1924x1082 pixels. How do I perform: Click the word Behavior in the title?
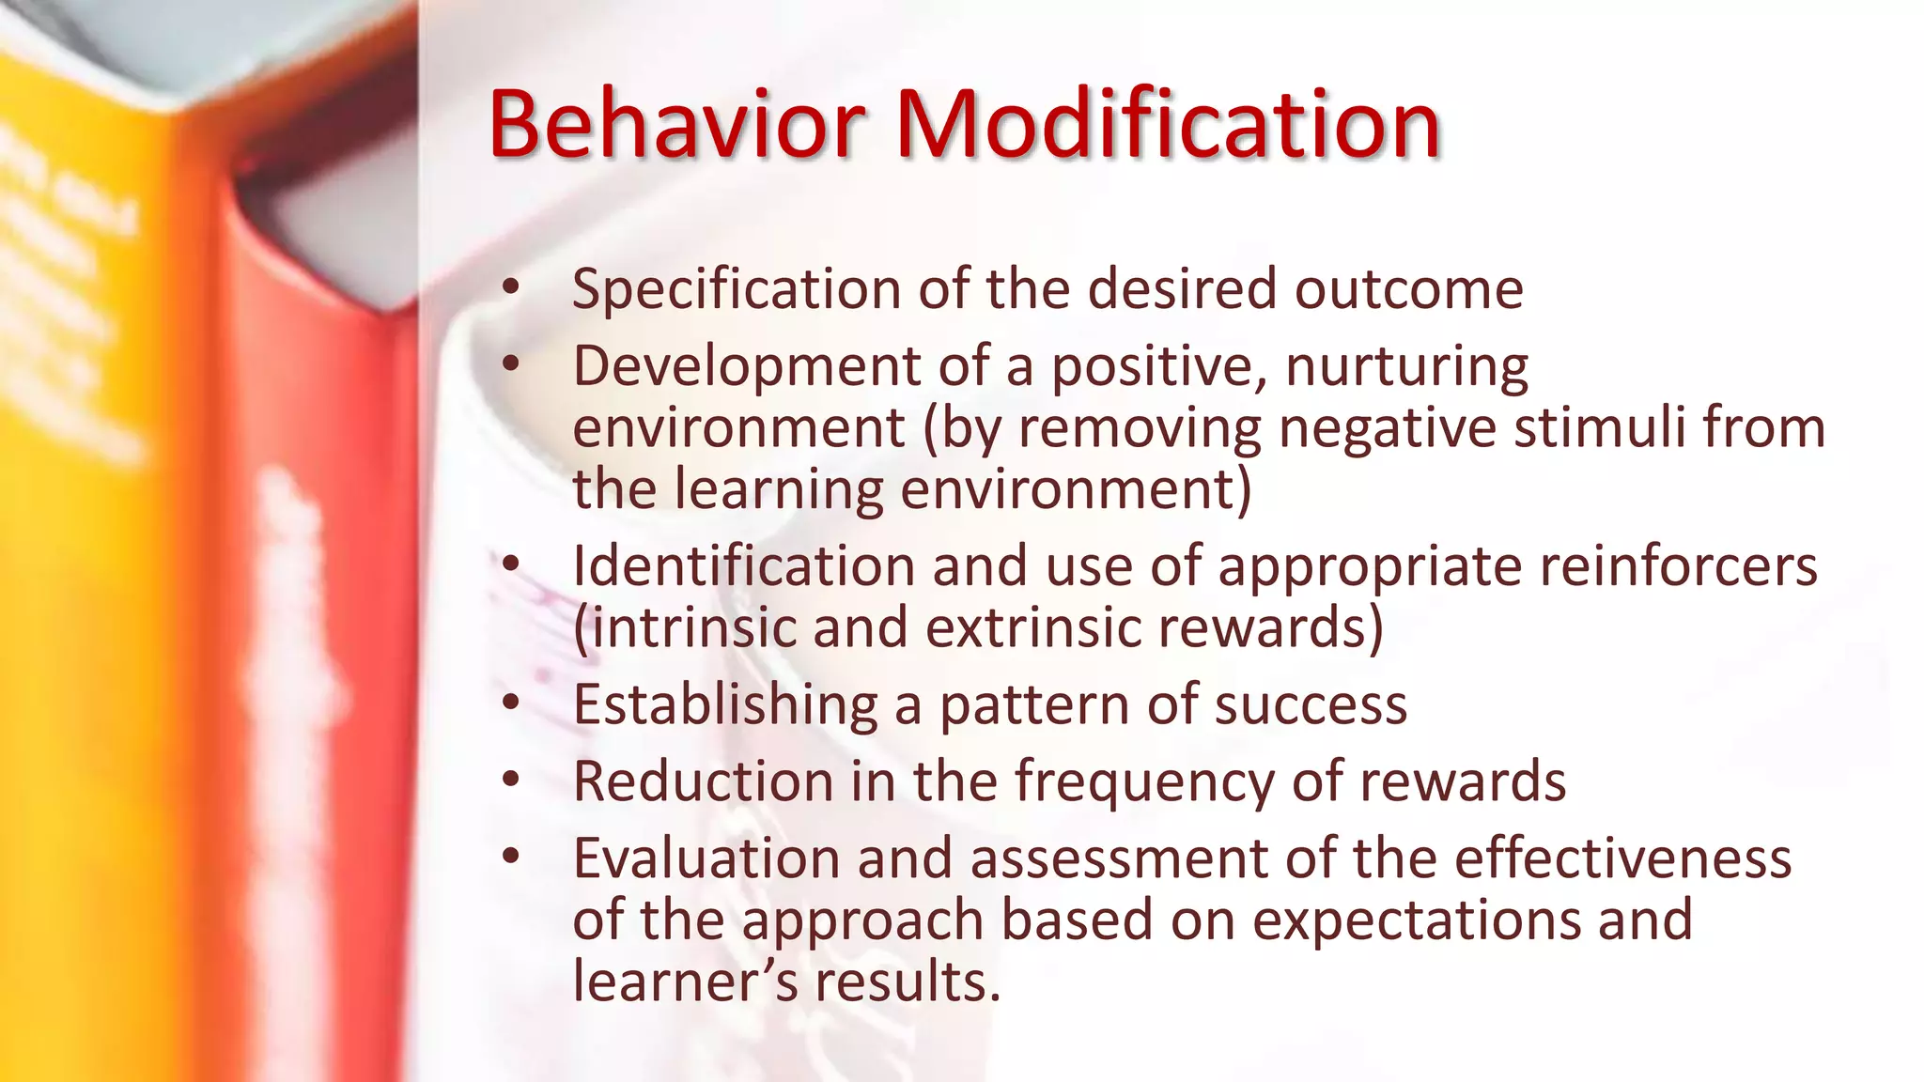[x=676, y=124]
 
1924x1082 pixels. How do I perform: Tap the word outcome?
[x=1409, y=289]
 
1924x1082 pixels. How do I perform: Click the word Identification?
[x=743, y=566]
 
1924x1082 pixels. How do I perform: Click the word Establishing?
[x=725, y=704]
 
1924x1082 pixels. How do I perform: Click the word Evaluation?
[x=706, y=858]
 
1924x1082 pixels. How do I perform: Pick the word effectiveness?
[x=1622, y=858]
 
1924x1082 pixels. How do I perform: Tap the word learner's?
[x=685, y=982]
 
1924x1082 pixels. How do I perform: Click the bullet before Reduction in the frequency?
[x=510, y=780]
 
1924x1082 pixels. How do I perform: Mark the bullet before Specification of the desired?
[x=510, y=287]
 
